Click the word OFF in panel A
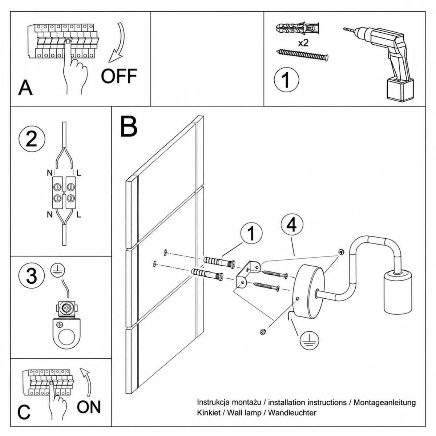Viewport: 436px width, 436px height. (119, 76)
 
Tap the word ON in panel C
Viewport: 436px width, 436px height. (89, 407)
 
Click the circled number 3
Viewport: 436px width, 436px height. (32, 276)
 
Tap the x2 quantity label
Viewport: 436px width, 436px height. (303, 43)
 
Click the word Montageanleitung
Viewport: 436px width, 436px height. (385, 403)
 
